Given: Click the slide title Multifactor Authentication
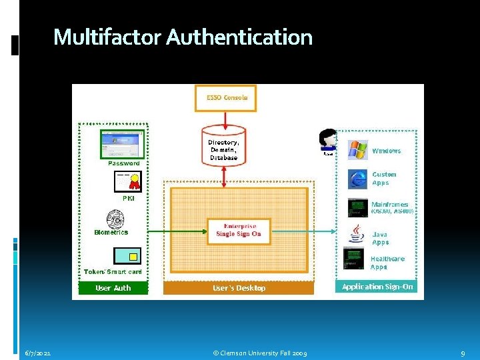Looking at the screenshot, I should coord(183,37).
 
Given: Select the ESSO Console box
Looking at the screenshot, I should coord(225,98).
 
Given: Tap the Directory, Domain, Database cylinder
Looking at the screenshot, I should coord(223,148).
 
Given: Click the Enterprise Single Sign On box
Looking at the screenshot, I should coord(239,231).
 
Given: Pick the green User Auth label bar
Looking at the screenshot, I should coord(113,288).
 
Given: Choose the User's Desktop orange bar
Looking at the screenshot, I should coord(239,288).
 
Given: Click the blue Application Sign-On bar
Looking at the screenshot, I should coord(377,287).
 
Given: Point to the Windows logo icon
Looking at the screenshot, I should coord(357,150).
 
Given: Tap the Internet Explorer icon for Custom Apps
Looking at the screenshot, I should coord(357,179).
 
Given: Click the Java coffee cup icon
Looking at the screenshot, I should coord(357,235).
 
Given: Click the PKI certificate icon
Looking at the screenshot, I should coord(128,181).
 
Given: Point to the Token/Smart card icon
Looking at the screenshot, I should coord(127,256).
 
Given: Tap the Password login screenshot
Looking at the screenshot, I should coord(121,143).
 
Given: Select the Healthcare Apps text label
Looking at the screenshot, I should coord(387,263).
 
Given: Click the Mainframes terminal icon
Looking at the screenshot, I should coord(357,207).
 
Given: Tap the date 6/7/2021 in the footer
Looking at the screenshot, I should coord(38,353).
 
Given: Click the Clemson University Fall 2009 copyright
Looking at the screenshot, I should coord(260,353).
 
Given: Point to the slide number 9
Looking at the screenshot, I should coord(463,353).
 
